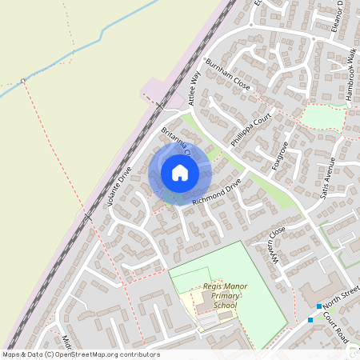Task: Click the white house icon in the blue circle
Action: tap(180, 173)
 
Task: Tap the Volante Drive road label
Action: tap(119, 186)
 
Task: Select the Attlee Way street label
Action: tap(194, 87)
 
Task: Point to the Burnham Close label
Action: tap(227, 74)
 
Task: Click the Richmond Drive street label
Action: tap(216, 193)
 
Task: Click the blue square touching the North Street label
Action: tap(318, 306)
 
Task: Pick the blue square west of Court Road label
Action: tap(310, 321)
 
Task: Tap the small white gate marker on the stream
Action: tap(24, 80)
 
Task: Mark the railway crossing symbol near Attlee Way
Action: tap(159, 106)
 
